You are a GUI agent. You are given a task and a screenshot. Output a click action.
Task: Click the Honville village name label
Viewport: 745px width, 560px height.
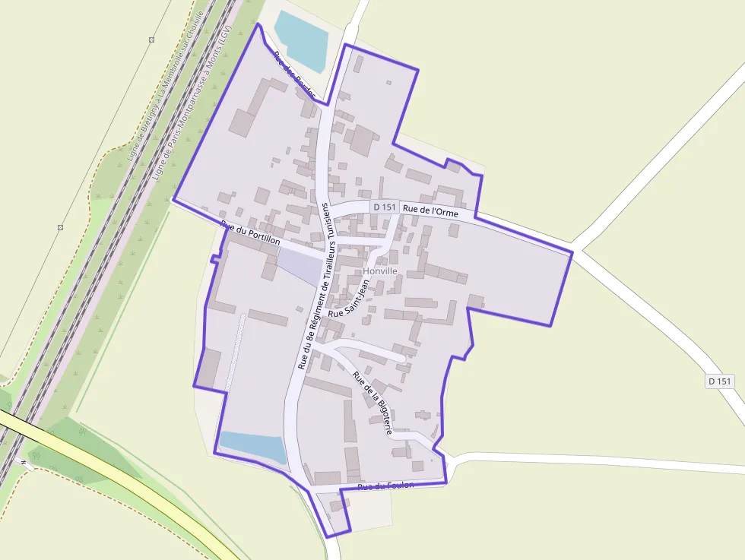pos(380,271)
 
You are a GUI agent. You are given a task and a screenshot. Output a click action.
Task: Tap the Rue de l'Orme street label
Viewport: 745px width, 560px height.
pos(430,212)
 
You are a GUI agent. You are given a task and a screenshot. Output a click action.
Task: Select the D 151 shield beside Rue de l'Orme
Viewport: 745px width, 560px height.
pos(385,207)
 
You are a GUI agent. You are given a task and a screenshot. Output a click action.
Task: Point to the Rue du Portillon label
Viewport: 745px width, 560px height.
pos(250,233)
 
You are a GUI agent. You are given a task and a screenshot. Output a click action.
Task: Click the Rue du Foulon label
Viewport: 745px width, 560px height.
pos(385,486)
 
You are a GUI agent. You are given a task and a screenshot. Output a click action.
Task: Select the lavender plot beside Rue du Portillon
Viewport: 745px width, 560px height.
pos(298,266)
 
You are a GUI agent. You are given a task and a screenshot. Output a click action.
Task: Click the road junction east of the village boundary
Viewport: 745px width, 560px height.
pos(576,251)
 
